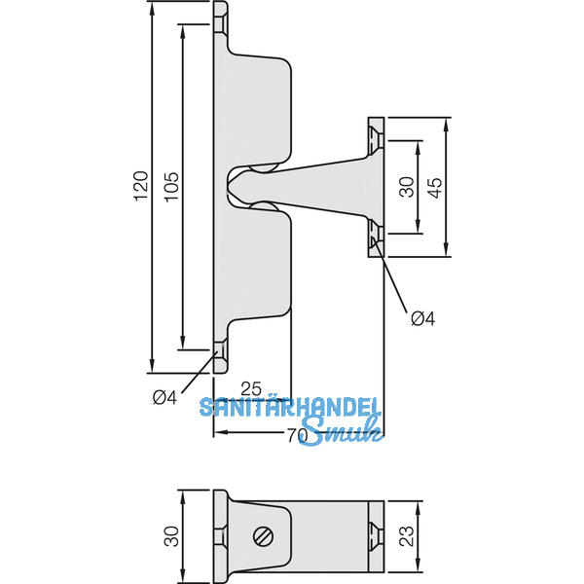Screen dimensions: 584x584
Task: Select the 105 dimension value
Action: pyautogui.click(x=170, y=186)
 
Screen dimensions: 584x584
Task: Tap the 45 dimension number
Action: pyautogui.click(x=436, y=187)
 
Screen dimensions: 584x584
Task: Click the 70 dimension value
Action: pyautogui.click(x=298, y=437)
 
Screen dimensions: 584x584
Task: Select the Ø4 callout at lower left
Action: pyautogui.click(x=164, y=396)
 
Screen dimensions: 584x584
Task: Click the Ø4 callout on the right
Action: pyautogui.click(x=422, y=318)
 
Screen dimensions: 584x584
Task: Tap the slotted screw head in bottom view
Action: pyautogui.click(x=262, y=535)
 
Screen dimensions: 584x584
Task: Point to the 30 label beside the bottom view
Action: pyautogui.click(x=171, y=535)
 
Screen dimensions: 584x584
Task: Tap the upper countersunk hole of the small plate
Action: pyautogui.click(x=374, y=140)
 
